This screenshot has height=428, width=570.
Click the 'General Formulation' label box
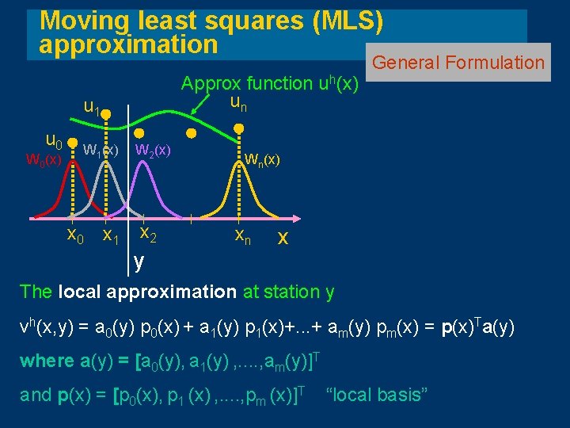458,63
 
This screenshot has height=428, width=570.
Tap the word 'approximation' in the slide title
128,44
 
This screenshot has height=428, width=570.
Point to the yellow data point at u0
72,147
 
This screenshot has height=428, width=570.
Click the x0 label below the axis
74,235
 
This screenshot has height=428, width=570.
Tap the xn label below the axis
242,235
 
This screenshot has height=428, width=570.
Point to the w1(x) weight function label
101,149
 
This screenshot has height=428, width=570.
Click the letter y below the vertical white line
139,259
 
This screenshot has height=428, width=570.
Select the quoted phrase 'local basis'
377,394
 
